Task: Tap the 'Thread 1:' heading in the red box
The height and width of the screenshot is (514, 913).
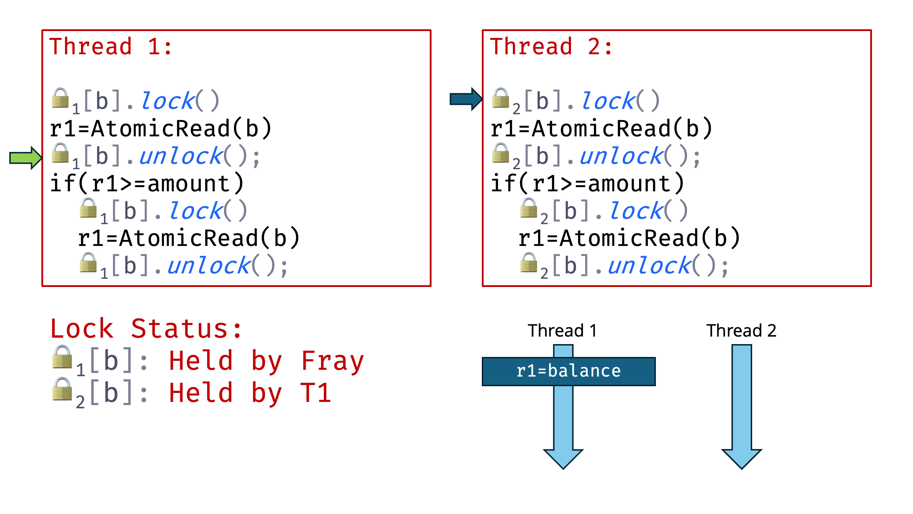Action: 111,47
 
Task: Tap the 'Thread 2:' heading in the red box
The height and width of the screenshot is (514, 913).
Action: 551,47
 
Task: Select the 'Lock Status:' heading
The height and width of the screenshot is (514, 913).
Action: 146,329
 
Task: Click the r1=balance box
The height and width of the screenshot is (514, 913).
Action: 568,371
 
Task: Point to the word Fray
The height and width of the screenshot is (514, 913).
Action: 332,361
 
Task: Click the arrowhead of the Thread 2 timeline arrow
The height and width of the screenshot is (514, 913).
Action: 741,459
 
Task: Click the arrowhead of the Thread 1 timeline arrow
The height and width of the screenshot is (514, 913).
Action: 563,459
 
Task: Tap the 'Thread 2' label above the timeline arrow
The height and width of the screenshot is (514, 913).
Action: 741,331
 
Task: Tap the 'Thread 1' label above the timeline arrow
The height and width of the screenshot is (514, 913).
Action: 562,331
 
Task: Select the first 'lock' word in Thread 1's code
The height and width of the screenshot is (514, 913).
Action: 168,101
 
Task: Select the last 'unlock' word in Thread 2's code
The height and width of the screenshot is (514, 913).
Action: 649,266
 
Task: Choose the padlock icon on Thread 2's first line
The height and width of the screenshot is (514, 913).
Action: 500,98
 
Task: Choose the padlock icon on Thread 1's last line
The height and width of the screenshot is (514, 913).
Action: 88,263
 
